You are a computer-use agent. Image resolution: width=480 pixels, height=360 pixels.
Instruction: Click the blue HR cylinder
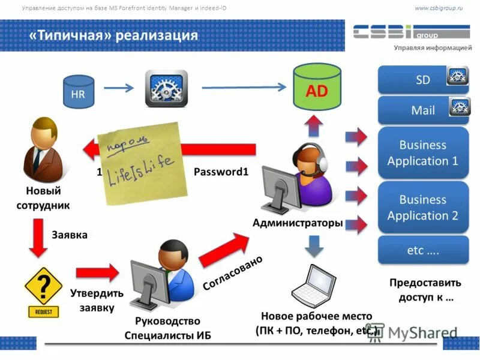79,93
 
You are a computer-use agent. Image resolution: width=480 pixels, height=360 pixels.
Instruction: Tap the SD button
422,79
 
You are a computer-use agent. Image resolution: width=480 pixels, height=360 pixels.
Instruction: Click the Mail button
422,110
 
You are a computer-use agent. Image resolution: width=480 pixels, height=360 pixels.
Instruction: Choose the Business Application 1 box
422,153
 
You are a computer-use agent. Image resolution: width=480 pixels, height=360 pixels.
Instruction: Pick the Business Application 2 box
422,207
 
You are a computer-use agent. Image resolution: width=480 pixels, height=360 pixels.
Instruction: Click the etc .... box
422,250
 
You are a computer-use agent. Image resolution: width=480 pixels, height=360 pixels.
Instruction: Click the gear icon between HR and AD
166,89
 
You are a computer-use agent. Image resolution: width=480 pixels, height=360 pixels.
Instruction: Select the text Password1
221,172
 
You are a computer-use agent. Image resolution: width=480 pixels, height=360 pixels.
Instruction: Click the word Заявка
70,235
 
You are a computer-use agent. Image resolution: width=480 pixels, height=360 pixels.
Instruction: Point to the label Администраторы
298,223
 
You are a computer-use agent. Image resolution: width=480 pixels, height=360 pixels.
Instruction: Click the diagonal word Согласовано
233,274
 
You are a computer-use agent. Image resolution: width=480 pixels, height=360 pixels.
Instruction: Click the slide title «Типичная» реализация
113,35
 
